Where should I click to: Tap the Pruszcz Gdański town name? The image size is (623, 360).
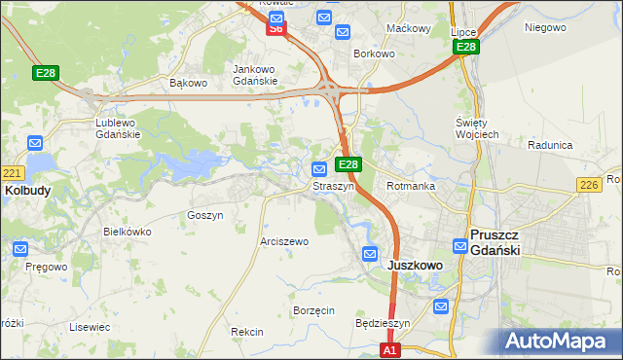click(496, 242)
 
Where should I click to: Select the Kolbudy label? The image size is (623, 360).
click(27, 191)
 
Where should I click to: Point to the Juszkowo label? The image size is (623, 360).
click(416, 265)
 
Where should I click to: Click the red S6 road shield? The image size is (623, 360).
click(276, 29)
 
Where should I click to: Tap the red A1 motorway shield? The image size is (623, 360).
click(389, 349)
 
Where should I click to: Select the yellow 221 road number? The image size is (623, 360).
click(11, 173)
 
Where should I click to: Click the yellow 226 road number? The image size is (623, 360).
click(587, 185)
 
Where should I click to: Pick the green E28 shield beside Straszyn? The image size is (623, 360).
click(349, 165)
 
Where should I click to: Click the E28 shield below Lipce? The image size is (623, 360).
click(466, 47)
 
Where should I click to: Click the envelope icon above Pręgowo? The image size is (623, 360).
click(21, 249)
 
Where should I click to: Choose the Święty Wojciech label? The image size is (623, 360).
click(477, 127)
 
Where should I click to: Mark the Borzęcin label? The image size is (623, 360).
click(313, 310)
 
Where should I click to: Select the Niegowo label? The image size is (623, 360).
click(545, 27)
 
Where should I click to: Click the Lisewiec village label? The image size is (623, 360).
click(89, 327)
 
